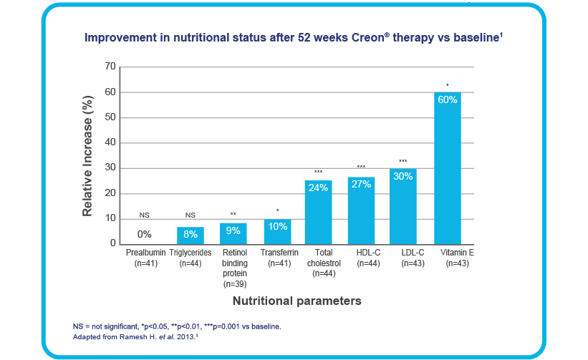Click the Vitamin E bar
click(447, 168)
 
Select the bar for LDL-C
click(403, 206)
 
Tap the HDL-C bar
click(361, 210)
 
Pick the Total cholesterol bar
click(318, 212)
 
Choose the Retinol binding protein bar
click(233, 233)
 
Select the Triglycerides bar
click(191, 235)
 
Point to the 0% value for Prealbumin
click(145, 234)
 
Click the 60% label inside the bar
click(447, 100)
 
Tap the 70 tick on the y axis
click(110, 67)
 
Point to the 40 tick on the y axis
click(110, 142)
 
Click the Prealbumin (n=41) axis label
click(145, 258)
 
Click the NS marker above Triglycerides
click(191, 215)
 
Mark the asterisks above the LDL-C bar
click(403, 161)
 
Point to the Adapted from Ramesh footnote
click(140, 336)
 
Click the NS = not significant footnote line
click(177, 326)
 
